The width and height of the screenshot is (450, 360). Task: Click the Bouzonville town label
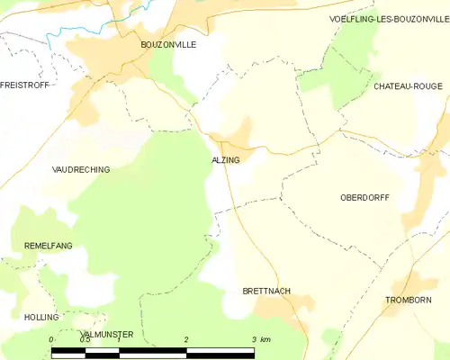[167, 43]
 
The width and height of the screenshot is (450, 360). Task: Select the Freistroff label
[24, 85]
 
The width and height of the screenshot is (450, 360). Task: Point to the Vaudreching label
[81, 169]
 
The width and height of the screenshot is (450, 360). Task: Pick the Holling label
[41, 318]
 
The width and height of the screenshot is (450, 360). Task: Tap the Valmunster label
[106, 334]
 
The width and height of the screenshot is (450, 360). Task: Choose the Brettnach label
[266, 292]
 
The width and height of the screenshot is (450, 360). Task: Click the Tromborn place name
[408, 300]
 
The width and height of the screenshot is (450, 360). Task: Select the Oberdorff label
[364, 197]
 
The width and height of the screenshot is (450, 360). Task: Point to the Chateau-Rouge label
[408, 86]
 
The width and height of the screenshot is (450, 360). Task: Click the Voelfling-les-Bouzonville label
[388, 18]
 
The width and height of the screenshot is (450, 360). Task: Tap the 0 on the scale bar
[51, 339]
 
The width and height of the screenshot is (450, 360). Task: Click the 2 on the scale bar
[186, 339]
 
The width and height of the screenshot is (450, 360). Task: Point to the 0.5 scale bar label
[84, 339]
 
